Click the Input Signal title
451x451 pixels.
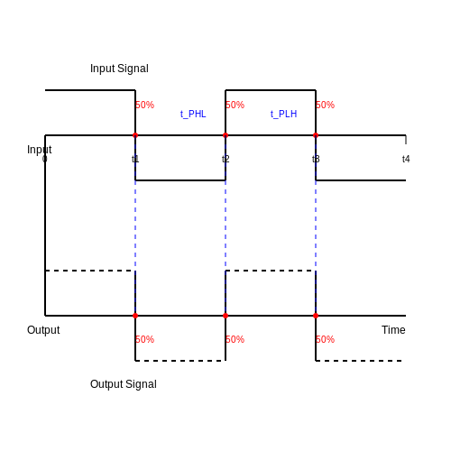tap(119, 69)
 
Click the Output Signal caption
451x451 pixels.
tap(124, 384)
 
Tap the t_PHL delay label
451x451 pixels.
tap(193, 115)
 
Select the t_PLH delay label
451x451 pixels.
tap(283, 115)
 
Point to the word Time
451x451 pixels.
tap(393, 330)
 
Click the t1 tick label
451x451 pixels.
tap(135, 159)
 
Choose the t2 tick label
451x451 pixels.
tap(225, 159)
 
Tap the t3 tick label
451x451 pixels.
tap(316, 159)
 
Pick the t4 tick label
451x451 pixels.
tap(406, 159)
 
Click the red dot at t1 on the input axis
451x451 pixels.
tap(135, 135)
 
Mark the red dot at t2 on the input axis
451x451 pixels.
tap(225, 135)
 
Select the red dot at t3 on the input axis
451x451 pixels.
tap(316, 135)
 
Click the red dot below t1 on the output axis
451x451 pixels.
tap(135, 316)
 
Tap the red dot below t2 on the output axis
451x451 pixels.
tap(225, 316)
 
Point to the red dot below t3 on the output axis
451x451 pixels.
tap(316, 316)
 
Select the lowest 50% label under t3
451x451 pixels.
tap(325, 339)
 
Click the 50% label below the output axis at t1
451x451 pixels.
tap(144, 339)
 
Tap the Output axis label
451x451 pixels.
tap(43, 330)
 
